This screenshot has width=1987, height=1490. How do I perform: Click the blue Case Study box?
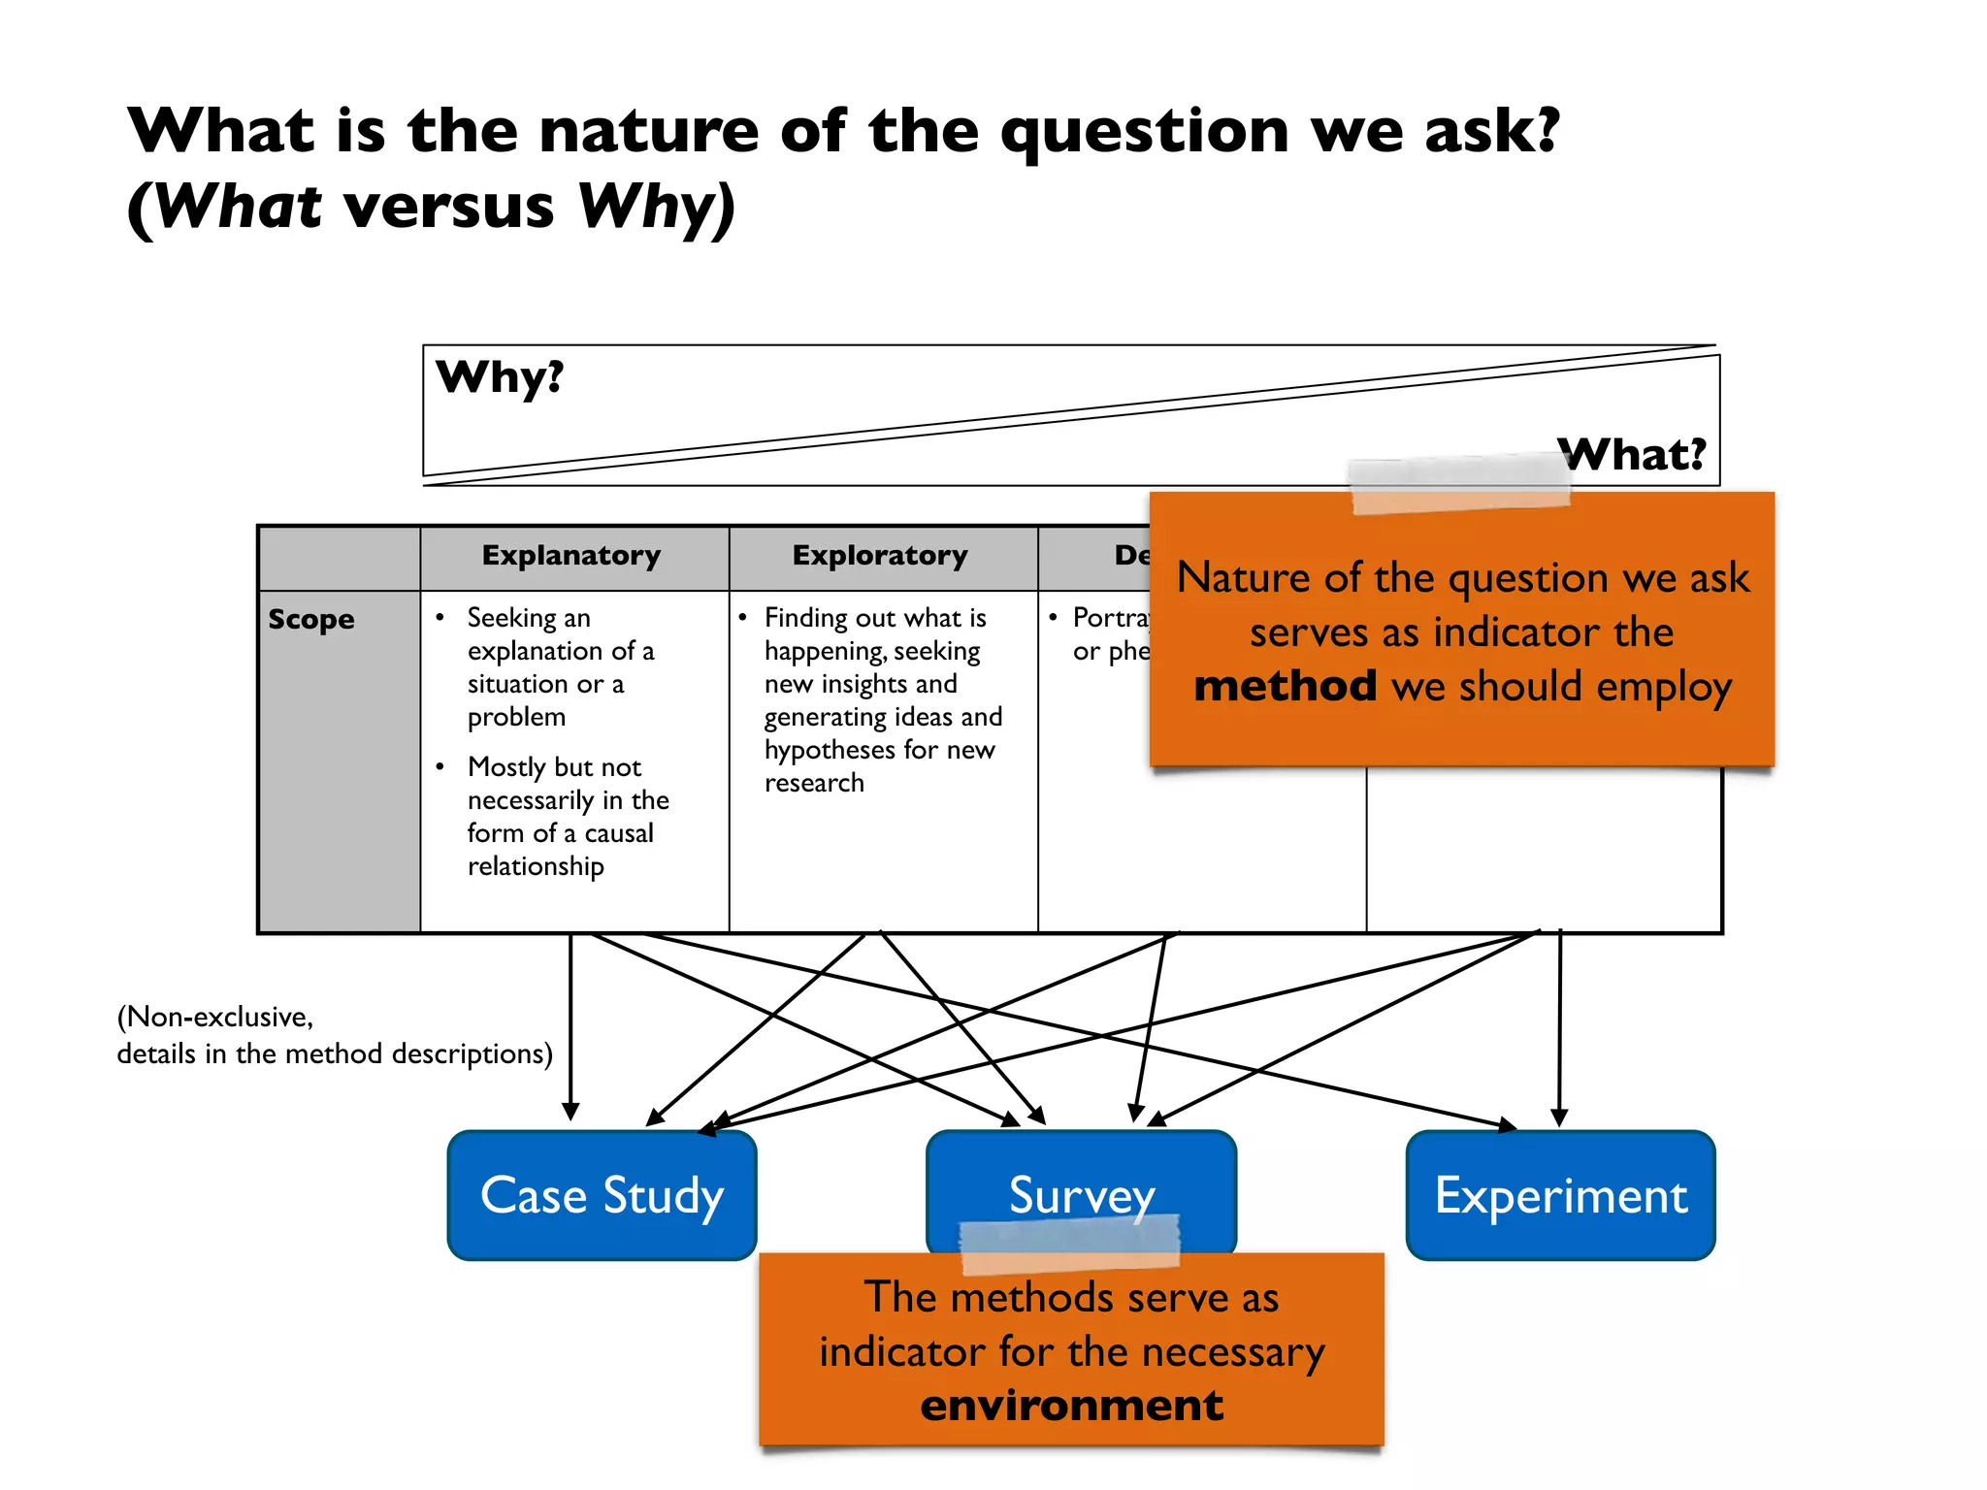[602, 1195]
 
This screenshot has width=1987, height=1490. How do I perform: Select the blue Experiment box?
[1560, 1195]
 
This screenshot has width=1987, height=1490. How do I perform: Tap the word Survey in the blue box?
[1081, 1195]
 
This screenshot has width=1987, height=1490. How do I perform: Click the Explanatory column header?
[571, 556]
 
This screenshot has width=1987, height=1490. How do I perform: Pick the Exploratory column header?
[880, 556]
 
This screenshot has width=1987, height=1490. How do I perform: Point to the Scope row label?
[311, 620]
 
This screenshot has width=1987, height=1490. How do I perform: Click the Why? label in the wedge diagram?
[500, 377]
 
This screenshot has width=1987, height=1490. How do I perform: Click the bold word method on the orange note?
[1285, 686]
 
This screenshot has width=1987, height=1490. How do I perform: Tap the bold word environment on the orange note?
[1071, 1405]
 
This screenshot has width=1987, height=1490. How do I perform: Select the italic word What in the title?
[239, 207]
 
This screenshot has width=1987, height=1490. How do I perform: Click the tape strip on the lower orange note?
[1069, 1246]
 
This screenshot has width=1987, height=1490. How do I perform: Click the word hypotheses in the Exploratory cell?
[830, 750]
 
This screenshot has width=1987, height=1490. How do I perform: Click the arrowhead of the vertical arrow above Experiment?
[1559, 1117]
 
